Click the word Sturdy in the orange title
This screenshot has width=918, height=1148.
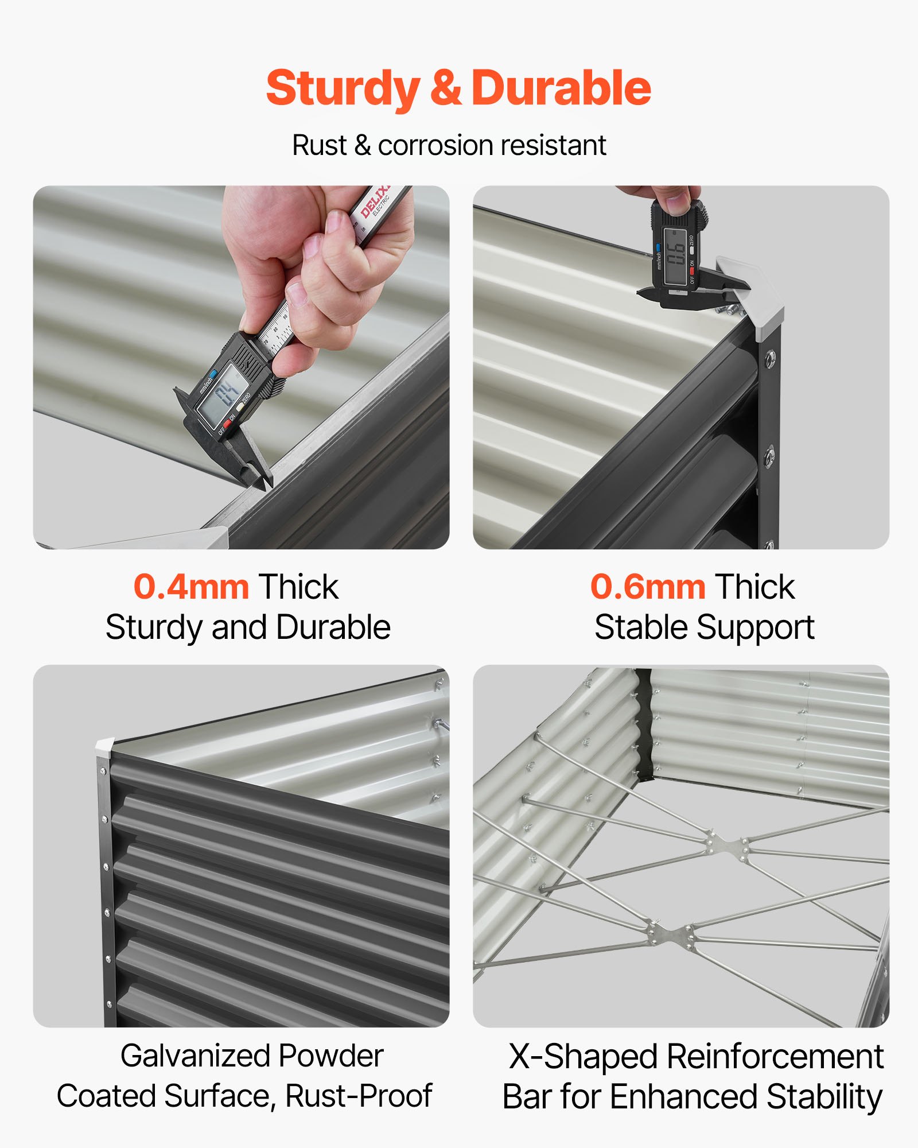point(343,89)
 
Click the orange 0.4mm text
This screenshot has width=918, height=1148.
point(191,587)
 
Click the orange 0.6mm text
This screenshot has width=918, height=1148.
point(648,587)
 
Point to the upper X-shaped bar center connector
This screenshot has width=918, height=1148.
point(728,846)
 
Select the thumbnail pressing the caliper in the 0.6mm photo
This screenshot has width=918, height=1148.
point(678,201)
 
